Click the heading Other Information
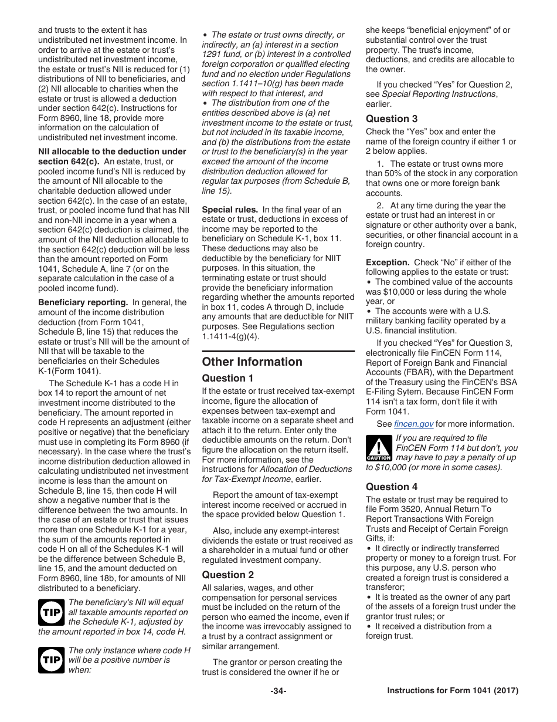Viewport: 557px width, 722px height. [x=252, y=362]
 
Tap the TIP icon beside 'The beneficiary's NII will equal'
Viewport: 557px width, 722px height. [x=51, y=612]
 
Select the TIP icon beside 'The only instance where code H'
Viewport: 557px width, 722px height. [x=51, y=660]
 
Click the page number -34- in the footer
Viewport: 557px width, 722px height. [x=278, y=691]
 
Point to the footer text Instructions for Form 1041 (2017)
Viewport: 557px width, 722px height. [x=453, y=691]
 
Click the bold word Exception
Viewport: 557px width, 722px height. [x=388, y=262]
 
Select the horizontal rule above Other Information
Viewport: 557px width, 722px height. [x=278, y=352]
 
